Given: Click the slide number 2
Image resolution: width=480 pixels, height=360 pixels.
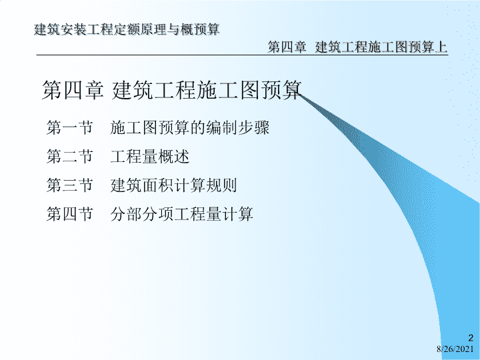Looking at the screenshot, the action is point(471,338).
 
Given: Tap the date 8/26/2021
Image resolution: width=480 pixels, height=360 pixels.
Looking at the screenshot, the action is point(455,349).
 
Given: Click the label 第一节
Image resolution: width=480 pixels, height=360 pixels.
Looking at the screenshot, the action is point(69,127).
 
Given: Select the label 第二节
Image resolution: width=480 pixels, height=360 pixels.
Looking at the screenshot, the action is point(69,156).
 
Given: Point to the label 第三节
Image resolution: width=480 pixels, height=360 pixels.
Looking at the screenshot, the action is point(69,185).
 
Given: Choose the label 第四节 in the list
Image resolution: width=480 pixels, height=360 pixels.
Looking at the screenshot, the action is point(69,214).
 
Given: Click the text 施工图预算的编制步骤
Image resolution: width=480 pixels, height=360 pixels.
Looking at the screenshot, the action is point(190,127).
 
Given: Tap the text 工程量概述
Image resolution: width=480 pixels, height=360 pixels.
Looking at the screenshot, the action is point(150,156).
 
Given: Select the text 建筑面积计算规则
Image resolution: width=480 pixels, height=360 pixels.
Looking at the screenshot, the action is point(173,185).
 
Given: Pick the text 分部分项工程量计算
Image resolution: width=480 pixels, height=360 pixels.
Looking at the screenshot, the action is point(181,214).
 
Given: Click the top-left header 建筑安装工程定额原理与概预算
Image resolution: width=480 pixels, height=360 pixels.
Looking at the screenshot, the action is point(127,29).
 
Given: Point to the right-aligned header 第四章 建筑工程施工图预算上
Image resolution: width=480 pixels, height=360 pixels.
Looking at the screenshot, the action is point(357,47).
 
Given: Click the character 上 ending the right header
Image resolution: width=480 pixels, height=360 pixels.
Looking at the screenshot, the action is point(441,47).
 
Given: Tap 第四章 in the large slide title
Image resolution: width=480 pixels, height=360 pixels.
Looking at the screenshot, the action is point(73,90).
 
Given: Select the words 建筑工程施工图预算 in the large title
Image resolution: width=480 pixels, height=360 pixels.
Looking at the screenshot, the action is point(207,90).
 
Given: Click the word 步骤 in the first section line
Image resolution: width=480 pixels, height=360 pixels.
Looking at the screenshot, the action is point(254,127).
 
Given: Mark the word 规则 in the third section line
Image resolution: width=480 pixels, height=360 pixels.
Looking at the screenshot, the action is point(221,185).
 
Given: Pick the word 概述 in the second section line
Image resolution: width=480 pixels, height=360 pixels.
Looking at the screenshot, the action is point(174,156).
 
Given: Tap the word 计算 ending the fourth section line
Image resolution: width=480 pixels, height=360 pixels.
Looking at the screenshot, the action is point(237,214).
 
